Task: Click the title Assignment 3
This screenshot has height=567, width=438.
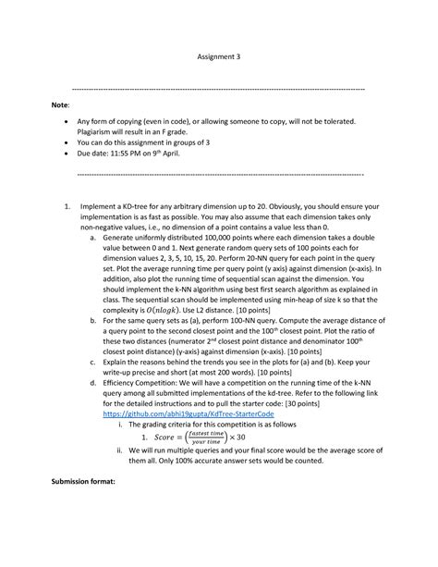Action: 219,55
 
